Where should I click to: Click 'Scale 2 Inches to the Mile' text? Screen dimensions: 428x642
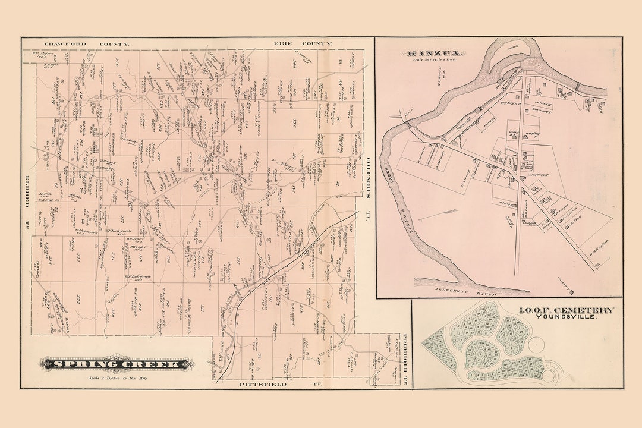point(113,378)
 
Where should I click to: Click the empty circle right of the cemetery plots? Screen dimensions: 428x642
point(537,344)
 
